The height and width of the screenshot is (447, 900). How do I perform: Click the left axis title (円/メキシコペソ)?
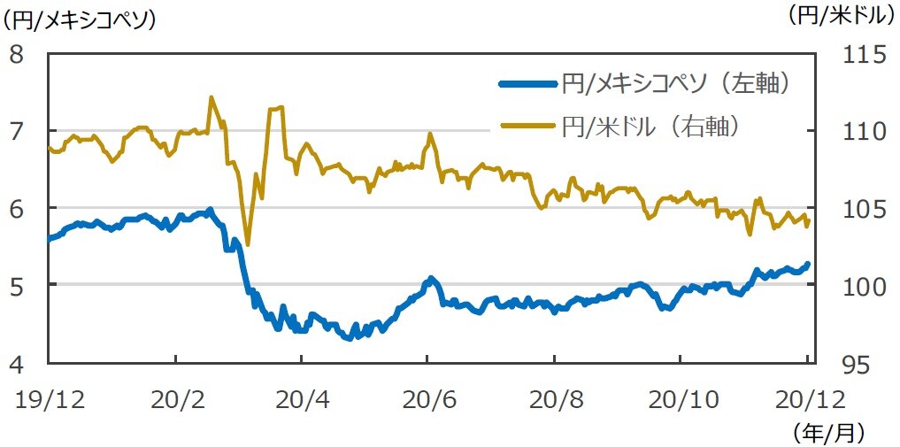(80, 18)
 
